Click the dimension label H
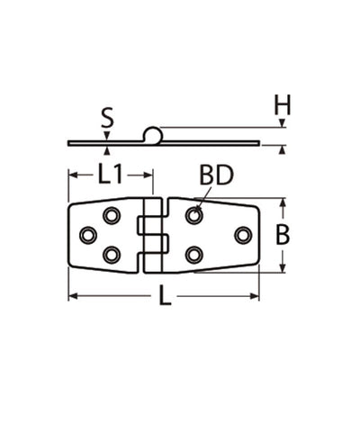283,106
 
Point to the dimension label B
283,235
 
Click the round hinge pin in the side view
154,136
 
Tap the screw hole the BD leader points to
193,216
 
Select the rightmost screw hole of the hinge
242,235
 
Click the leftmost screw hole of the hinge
87,235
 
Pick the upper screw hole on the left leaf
112,216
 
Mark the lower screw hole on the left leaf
112,255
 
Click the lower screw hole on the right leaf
193,255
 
